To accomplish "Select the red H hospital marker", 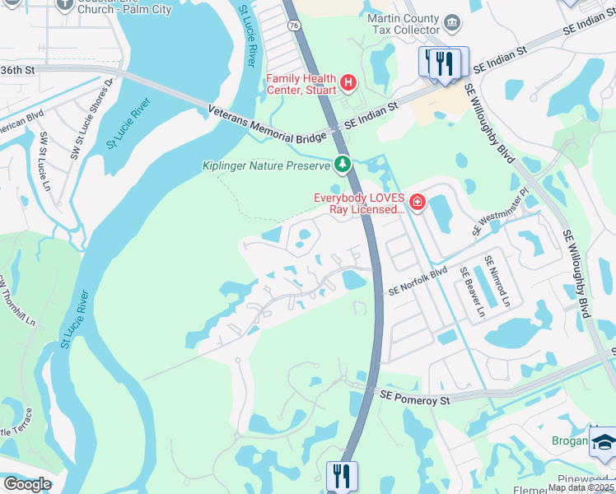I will [348, 82].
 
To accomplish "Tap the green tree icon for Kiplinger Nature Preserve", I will [342, 165].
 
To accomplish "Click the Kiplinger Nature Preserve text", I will [266, 165].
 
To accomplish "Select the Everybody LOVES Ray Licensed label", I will [359, 203].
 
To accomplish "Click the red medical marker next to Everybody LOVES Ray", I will [418, 202].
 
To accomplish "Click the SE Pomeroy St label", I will [415, 398].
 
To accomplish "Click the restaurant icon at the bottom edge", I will [341, 477].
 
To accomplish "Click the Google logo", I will [26, 484].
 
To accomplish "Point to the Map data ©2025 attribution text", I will [581, 487].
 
